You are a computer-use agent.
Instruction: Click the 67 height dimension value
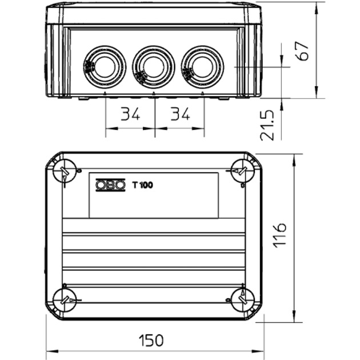pos(303,51)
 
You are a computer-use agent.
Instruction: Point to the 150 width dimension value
pos(151,341)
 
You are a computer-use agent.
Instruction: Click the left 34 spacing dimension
pos(130,114)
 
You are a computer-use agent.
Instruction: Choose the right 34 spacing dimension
pos(180,114)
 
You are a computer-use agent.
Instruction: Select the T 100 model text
pos(142,185)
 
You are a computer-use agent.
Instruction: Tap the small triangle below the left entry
pos(106,93)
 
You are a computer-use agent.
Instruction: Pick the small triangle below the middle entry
pos(154,93)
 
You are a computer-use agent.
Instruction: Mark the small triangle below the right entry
pos(203,93)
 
